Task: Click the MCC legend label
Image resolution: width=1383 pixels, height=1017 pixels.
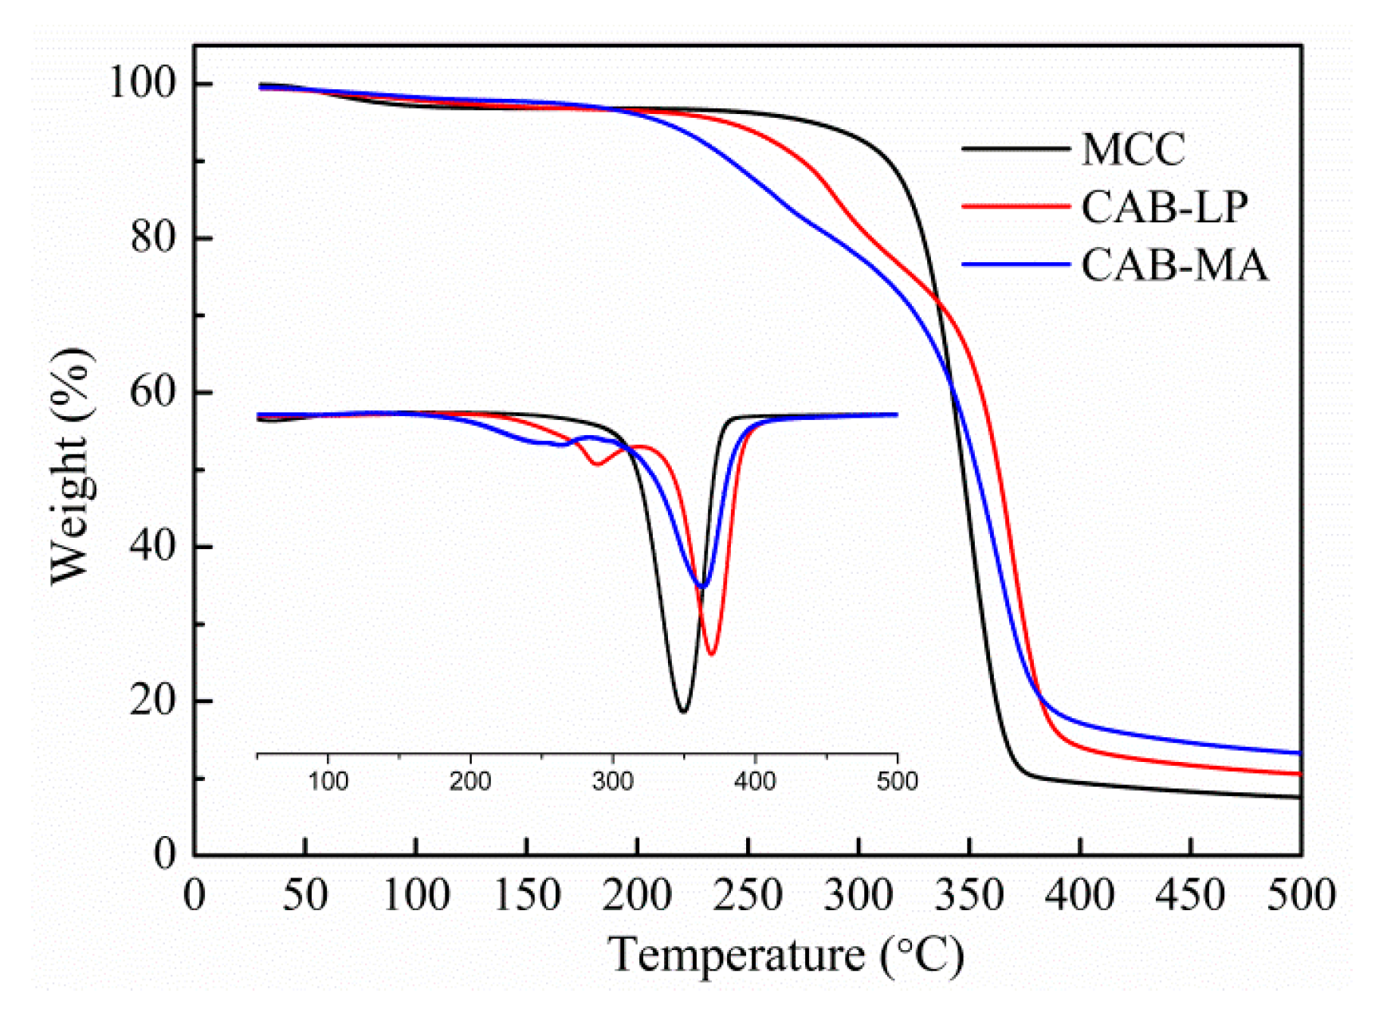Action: pos(1133,149)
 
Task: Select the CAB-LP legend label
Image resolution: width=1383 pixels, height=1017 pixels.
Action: pos(1164,207)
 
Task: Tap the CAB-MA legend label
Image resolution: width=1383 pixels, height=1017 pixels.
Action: pos(1173,265)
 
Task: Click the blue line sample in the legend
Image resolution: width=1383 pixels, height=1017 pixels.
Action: pos(1015,264)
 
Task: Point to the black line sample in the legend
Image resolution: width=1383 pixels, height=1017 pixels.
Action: pos(1015,148)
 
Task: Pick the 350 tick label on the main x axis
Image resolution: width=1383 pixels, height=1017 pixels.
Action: pos(969,895)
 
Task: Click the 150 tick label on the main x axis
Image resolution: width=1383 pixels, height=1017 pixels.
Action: pos(526,895)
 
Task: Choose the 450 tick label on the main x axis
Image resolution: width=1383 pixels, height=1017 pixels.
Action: pos(1191,895)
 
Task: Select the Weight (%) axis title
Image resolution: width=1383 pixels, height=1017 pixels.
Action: pos(70,466)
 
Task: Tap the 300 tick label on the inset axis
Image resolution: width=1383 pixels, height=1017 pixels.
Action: pos(612,782)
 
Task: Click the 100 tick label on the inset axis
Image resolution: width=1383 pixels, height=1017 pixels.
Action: pos(328,782)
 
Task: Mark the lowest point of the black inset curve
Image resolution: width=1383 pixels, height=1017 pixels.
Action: pos(682,712)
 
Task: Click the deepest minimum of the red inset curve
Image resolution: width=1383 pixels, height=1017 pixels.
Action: pos(711,654)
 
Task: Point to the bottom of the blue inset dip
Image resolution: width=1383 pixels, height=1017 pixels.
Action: pos(701,587)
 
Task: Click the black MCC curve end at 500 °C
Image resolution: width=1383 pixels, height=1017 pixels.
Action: pos(1299,797)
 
